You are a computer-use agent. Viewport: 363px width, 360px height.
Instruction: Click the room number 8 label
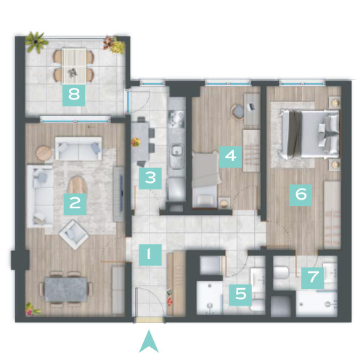74,95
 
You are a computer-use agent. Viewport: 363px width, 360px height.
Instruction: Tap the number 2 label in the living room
75,204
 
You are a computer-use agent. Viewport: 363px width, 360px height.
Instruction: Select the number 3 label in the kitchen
150,179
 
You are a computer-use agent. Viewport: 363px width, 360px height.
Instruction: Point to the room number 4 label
230,157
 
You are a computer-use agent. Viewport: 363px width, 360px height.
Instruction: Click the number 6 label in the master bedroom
301,195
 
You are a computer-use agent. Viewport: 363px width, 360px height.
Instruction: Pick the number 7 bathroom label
313,278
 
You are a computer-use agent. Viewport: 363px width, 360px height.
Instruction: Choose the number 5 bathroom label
240,295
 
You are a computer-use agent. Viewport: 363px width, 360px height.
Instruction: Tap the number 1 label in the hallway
150,255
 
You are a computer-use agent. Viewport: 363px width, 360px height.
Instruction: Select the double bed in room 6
310,135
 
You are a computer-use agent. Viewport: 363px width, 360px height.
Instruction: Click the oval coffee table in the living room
77,185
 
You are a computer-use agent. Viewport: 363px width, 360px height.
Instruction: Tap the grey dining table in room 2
66,290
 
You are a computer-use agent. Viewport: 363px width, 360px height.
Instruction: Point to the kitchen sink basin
177,150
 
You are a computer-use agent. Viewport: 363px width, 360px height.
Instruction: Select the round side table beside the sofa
44,153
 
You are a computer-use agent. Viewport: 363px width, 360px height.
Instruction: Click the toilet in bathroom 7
281,273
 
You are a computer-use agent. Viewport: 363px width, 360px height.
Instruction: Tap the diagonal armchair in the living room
73,234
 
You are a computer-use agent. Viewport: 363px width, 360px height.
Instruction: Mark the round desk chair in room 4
237,112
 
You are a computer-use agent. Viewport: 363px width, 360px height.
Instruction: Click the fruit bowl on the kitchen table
136,142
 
